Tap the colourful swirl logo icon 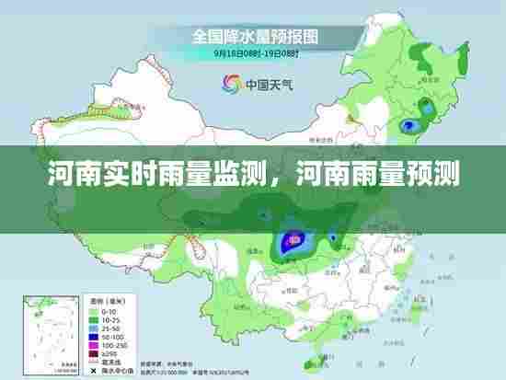(x=230, y=83)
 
